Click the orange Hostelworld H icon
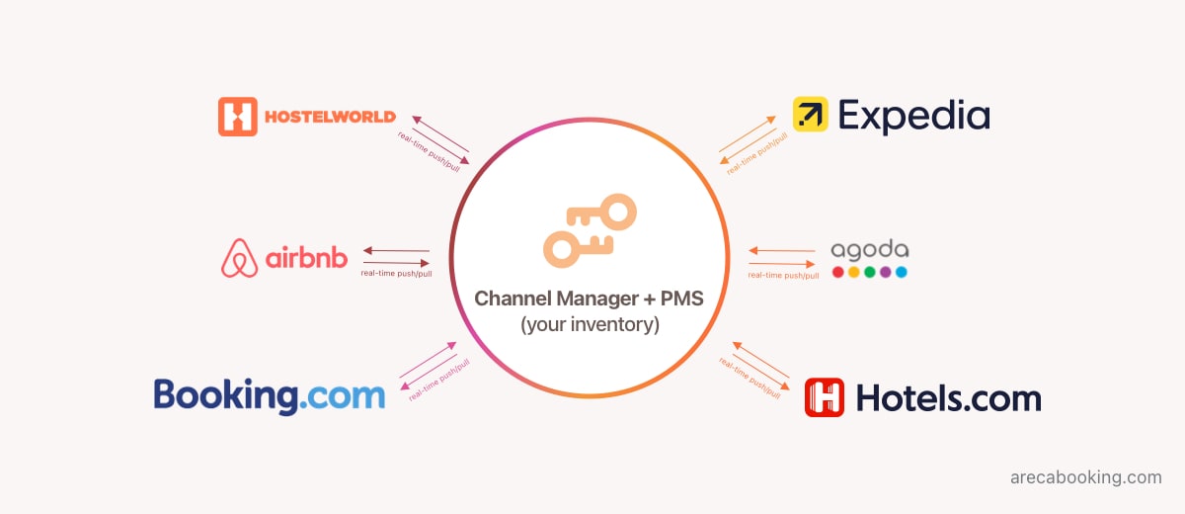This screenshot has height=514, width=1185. click(x=237, y=117)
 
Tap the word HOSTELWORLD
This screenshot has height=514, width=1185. click(x=330, y=118)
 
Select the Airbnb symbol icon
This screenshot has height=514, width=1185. click(x=239, y=258)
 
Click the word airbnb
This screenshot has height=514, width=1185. click(x=306, y=259)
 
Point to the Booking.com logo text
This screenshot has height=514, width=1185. click(x=269, y=395)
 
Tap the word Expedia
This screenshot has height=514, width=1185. click(x=913, y=117)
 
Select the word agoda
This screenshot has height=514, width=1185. click(x=869, y=250)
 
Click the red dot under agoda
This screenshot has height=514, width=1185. click(x=837, y=272)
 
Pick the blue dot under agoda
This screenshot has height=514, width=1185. click(x=902, y=272)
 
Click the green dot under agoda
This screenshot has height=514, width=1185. click(x=870, y=272)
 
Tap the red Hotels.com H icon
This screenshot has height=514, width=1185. click(x=825, y=397)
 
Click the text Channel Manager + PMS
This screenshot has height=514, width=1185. click(x=590, y=299)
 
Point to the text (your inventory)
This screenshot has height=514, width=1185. click(x=590, y=323)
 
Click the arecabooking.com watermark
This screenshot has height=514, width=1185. click(x=1085, y=477)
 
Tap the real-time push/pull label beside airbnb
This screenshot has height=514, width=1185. click(x=396, y=273)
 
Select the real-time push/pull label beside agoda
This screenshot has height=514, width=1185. click(x=783, y=275)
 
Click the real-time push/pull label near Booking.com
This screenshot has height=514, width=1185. click(x=439, y=380)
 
